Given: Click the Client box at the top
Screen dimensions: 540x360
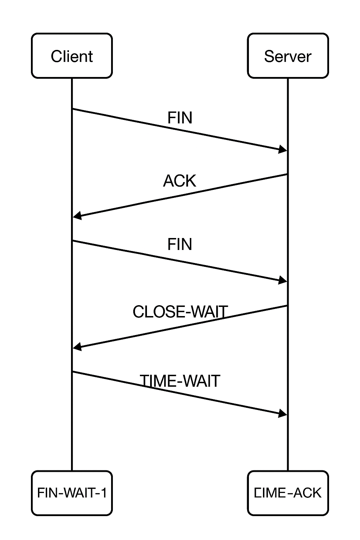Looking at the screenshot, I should click(72, 56).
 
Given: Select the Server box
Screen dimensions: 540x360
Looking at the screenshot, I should click(288, 56).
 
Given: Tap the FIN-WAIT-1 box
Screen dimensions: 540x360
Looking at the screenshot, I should click(72, 493).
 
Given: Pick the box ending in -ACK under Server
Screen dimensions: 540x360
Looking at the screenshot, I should click(288, 493).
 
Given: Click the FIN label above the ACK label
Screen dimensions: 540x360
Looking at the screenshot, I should click(180, 118).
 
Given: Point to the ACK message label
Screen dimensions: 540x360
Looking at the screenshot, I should click(179, 181).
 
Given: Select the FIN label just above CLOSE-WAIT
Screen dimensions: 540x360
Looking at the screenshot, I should click(180, 244).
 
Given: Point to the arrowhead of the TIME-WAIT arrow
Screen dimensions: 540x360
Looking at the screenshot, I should click(283, 413).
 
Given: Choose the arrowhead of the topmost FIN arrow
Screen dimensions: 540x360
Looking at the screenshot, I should click(283, 149).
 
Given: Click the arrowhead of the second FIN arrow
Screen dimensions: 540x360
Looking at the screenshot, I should click(283, 280).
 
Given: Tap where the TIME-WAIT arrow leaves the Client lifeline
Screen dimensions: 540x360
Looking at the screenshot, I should click(72, 372).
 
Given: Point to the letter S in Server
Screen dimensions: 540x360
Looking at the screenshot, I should click(269, 56).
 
